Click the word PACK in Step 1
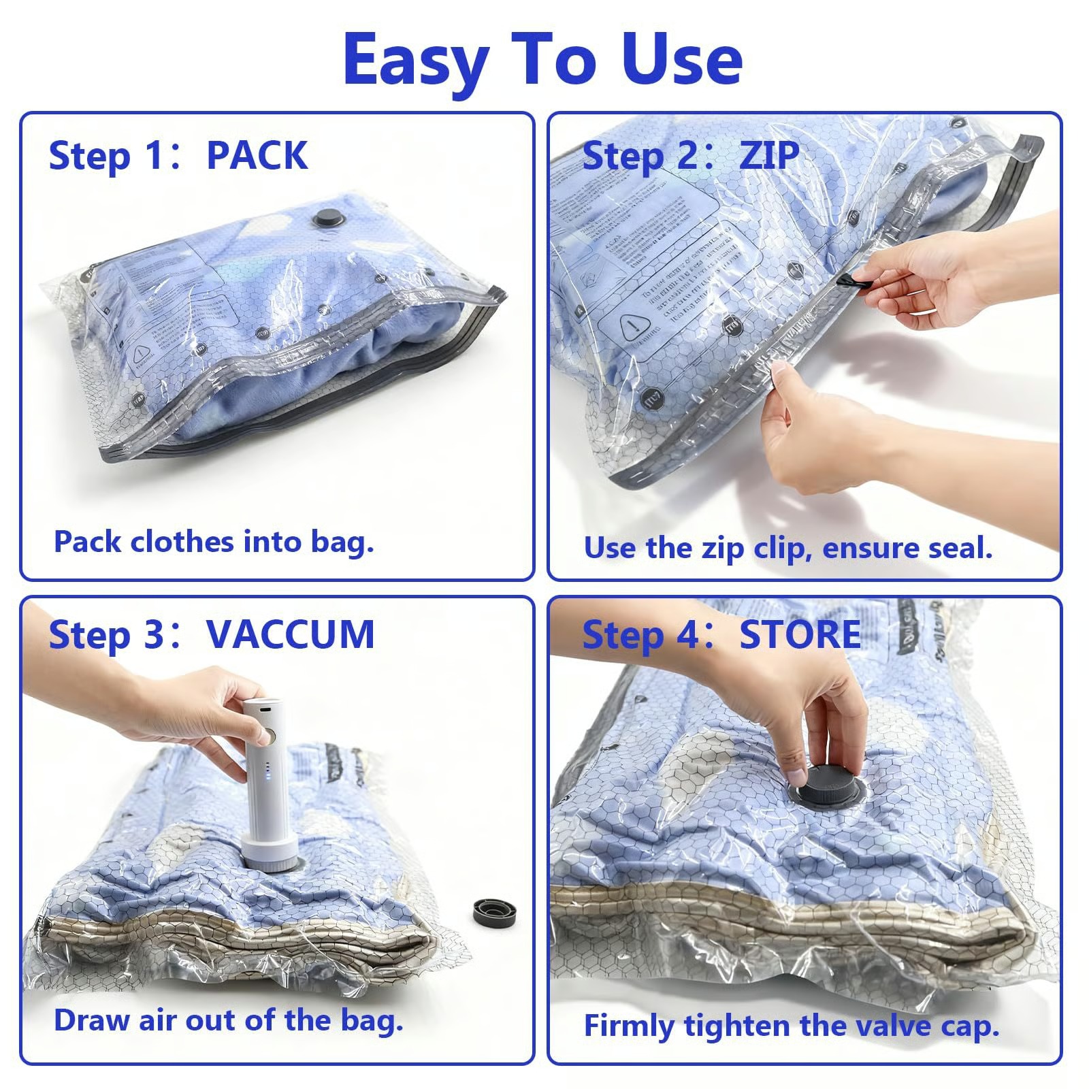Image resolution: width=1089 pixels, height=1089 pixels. [257, 156]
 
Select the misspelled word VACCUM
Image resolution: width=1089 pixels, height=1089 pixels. [290, 635]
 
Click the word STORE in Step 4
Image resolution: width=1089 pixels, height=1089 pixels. [800, 635]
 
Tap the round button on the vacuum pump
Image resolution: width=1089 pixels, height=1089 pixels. [269, 736]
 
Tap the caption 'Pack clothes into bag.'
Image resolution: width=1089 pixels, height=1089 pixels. [214, 542]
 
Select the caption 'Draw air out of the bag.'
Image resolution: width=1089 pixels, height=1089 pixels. [229, 1021]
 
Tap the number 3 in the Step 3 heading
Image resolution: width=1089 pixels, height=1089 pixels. [153, 635]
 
